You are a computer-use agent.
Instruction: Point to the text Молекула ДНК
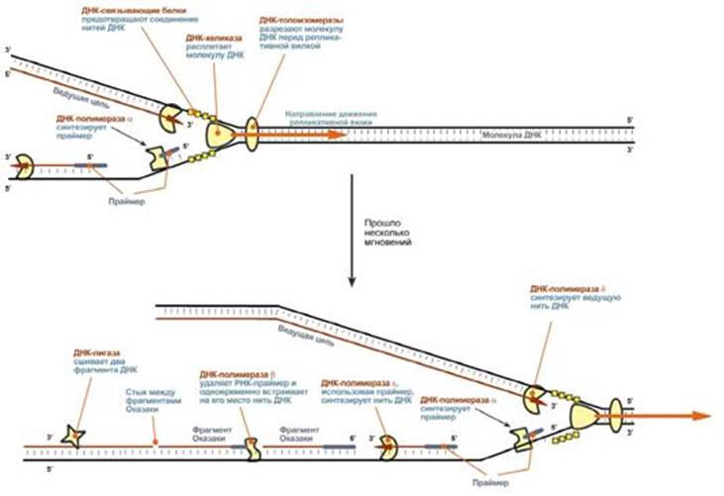pos(511,133)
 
